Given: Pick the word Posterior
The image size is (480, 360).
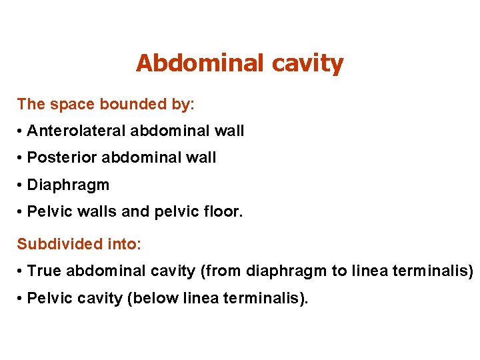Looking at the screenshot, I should click(x=57, y=158).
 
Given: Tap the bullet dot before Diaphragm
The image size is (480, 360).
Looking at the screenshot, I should click(x=21, y=185).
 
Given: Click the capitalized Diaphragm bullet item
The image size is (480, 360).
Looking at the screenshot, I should click(x=68, y=185).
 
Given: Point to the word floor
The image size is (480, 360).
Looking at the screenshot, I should click(x=225, y=211).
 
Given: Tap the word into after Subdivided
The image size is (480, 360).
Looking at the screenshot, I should click(x=123, y=245).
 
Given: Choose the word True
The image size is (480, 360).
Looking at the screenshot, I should click(x=44, y=271).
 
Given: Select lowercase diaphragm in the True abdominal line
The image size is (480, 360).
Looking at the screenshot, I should click(x=287, y=272).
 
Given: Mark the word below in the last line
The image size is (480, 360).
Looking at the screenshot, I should click(x=147, y=298).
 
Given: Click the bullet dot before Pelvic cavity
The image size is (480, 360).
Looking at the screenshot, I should click(x=21, y=298).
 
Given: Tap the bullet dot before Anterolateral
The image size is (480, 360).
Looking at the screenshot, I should click(x=21, y=131).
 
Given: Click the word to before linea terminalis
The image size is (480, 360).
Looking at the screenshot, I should click(x=339, y=271).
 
